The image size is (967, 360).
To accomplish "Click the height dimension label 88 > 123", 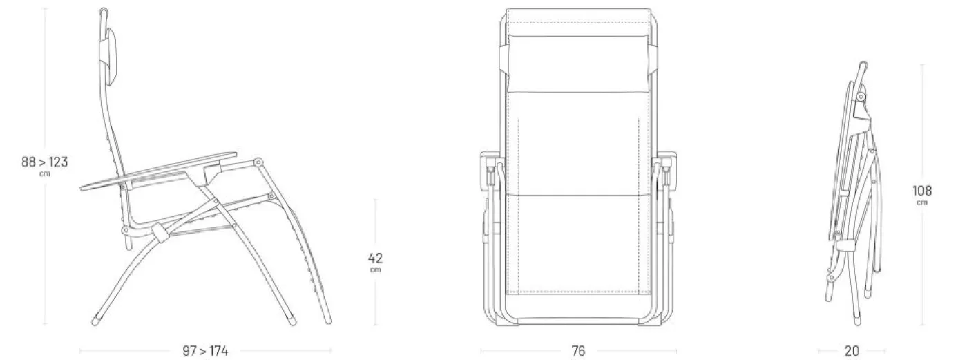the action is (45, 162).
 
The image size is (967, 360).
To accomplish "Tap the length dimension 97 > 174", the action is (206, 351).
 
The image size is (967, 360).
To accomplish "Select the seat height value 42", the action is (375, 258).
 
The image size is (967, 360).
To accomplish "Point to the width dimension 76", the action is (579, 351).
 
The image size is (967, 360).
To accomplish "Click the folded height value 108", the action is (922, 191).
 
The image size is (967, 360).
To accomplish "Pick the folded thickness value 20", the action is (852, 351).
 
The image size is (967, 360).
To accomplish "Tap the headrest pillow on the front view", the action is (579, 64).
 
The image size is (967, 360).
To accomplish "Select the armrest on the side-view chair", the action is (158, 171).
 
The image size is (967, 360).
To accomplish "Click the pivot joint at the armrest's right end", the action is (258, 163).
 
